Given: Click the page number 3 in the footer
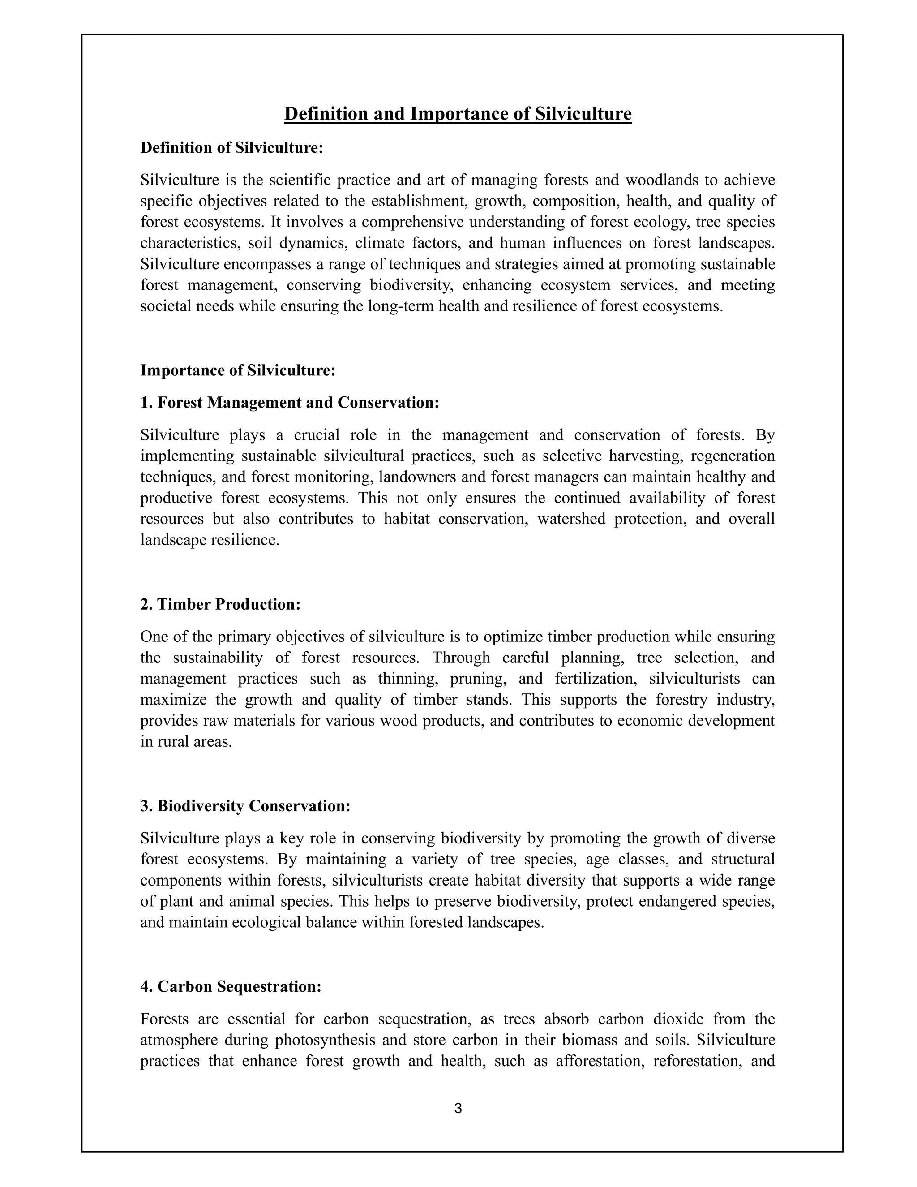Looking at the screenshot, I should (458, 1108).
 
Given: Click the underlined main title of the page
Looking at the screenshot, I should (458, 114).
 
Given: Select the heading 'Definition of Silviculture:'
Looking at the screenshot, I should (232, 148).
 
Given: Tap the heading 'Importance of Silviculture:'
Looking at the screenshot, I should (238, 371).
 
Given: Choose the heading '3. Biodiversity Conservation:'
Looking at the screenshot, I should (245, 806).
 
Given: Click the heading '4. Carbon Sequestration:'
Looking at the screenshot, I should (231, 986).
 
